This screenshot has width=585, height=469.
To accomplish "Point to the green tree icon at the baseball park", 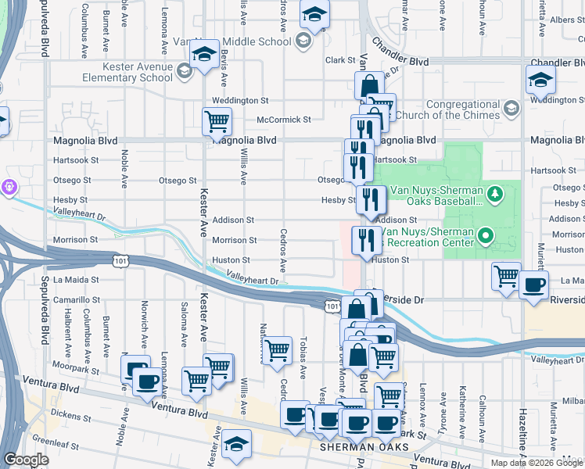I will pyautogui.click(x=494, y=193).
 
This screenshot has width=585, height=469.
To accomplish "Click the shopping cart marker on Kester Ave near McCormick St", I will pyautogui.click(x=216, y=122).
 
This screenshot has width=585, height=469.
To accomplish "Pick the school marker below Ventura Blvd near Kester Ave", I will pyautogui.click(x=236, y=443).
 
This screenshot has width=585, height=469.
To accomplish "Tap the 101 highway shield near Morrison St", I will pyautogui.click(x=120, y=257).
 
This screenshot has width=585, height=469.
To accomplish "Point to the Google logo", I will pyautogui.click(x=26, y=460).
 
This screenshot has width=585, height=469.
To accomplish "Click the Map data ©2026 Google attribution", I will pyautogui.click(x=537, y=463).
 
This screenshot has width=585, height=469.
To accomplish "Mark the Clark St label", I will pyautogui.click(x=340, y=60).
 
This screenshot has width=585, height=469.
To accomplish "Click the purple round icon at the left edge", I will pyautogui.click(x=9, y=188).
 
